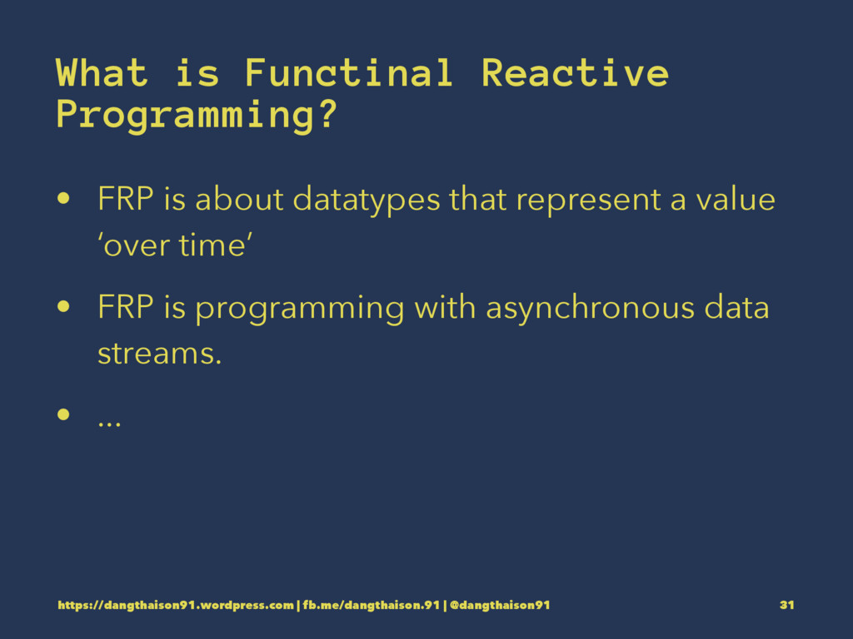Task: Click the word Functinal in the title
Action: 349,73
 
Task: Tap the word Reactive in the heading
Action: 575,73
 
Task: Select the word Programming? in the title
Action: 197,115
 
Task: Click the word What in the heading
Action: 102,73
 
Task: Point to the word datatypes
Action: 367,200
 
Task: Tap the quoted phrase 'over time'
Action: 175,245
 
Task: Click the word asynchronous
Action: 591,308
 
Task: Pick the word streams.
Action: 159,354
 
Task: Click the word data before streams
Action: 736,307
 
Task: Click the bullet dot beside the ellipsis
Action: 63,414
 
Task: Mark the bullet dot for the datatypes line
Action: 63,198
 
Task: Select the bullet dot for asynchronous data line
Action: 63,306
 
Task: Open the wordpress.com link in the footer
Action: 176,606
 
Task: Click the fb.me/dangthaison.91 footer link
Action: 371,606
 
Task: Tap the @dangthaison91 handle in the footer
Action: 500,606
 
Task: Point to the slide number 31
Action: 786,605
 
